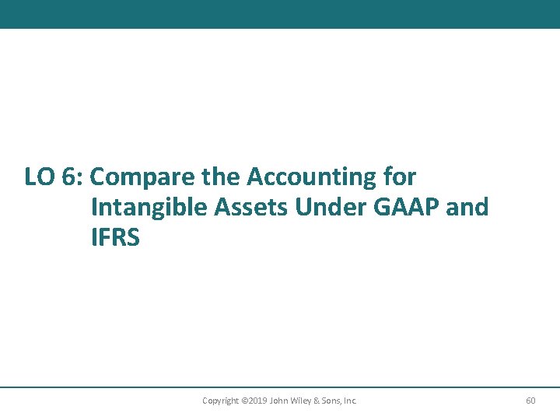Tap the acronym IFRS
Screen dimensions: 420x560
(115, 238)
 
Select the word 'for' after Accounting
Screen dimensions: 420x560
(400, 178)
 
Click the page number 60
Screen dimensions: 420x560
(530, 401)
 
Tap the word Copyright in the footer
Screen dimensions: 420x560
(220, 401)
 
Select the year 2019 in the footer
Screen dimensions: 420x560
(258, 401)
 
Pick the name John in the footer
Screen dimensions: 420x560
(279, 401)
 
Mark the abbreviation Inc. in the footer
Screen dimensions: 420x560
(350, 401)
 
